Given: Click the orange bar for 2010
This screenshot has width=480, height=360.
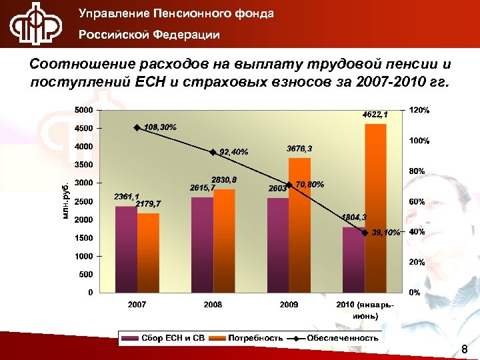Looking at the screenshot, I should click(x=375, y=208).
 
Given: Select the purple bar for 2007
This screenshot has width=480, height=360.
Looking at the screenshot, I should click(x=126, y=249).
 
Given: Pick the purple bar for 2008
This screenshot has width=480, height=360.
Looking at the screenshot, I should click(x=202, y=245).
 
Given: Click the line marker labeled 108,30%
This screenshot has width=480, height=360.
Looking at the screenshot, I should click(x=136, y=128).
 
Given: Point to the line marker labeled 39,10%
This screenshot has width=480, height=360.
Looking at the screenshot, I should click(x=365, y=233).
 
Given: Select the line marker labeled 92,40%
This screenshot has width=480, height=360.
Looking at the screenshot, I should click(x=213, y=152).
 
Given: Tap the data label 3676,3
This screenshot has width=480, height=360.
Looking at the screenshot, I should click(x=299, y=149).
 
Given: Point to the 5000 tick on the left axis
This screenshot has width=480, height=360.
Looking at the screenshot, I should click(x=83, y=110).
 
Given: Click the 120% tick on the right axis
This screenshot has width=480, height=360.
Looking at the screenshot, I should click(x=419, y=110).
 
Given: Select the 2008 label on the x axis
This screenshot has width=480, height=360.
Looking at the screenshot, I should click(x=213, y=304).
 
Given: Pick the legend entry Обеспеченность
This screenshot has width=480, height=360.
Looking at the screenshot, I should click(x=344, y=338).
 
